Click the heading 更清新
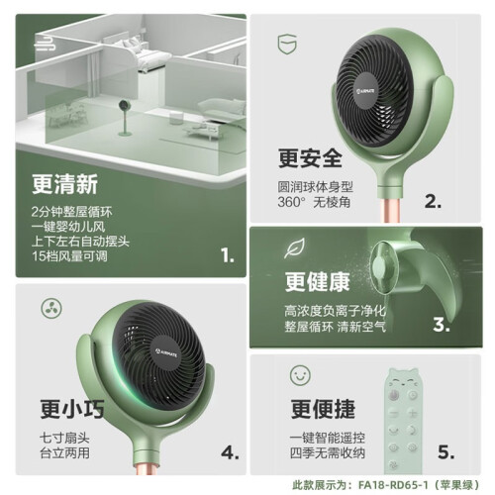(64, 184)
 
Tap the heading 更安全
(310, 158)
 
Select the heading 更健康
(317, 282)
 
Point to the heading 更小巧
(72, 409)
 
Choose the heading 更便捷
(323, 409)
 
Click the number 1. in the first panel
(228, 255)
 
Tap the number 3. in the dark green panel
(442, 324)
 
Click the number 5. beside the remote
(445, 451)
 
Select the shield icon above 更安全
(287, 45)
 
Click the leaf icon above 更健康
(294, 247)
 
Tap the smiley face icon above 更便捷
(300, 375)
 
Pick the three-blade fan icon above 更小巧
(51, 308)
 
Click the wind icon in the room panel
(45, 44)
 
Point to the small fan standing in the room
(125, 118)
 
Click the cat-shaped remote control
(403, 421)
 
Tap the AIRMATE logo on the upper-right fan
(365, 90)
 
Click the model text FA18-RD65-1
(393, 485)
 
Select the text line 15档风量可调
(69, 256)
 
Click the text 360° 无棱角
(314, 202)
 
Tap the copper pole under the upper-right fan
(390, 209)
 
